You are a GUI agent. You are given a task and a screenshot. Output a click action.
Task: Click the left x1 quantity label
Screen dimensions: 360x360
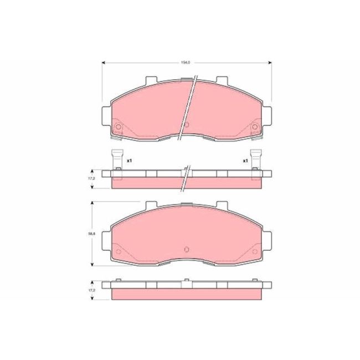pos(129,161)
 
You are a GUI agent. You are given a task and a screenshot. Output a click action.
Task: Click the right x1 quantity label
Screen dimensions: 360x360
pos(244,161)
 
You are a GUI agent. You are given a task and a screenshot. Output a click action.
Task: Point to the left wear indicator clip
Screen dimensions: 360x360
pos(117,161)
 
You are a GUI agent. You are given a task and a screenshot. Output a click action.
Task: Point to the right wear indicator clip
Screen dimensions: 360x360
pos(255,161)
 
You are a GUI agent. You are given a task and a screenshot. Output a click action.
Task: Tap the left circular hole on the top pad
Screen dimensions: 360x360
pos(118,129)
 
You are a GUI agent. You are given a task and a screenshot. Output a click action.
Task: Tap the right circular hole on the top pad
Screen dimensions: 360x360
pos(255,129)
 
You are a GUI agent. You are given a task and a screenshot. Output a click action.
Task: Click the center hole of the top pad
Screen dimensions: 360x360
pos(187,125)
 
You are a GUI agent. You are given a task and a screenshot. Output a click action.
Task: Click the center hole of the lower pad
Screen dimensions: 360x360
pos(187,248)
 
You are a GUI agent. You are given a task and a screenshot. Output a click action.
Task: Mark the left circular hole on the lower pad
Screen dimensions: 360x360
pos(118,252)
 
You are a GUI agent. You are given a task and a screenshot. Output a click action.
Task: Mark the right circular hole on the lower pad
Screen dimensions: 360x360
pos(255,252)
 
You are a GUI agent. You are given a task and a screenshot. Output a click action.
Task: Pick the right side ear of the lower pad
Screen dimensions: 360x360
pos(266,239)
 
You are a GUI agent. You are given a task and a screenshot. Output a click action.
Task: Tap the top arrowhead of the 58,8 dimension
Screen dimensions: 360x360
pos(92,202)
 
